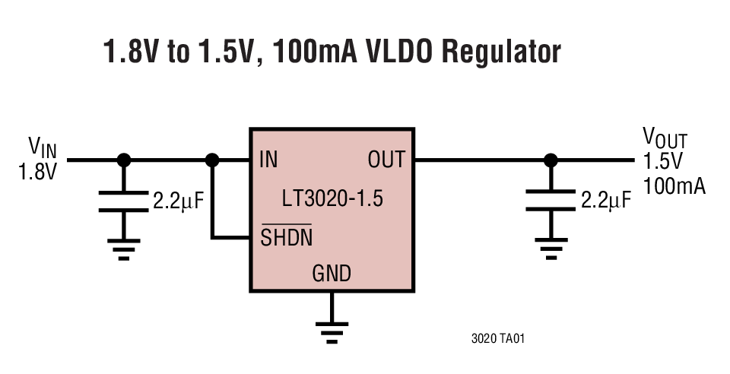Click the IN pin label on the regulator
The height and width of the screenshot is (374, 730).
click(x=268, y=160)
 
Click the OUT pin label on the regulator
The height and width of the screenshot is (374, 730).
click(x=386, y=160)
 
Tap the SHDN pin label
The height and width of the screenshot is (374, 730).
click(x=286, y=237)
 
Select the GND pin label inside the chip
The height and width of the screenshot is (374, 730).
click(x=332, y=274)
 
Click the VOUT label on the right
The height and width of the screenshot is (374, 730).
click(x=665, y=138)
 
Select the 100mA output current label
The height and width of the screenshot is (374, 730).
click(x=674, y=185)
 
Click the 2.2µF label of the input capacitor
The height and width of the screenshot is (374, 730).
click(x=179, y=201)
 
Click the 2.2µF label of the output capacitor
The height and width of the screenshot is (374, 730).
click(x=605, y=201)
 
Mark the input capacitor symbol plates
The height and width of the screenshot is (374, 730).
click(x=124, y=201)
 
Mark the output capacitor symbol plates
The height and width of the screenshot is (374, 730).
click(x=548, y=201)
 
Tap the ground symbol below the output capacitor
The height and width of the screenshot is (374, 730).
click(x=548, y=249)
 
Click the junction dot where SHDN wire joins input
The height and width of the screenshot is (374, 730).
click(x=213, y=160)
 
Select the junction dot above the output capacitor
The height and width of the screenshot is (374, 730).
click(x=548, y=160)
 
